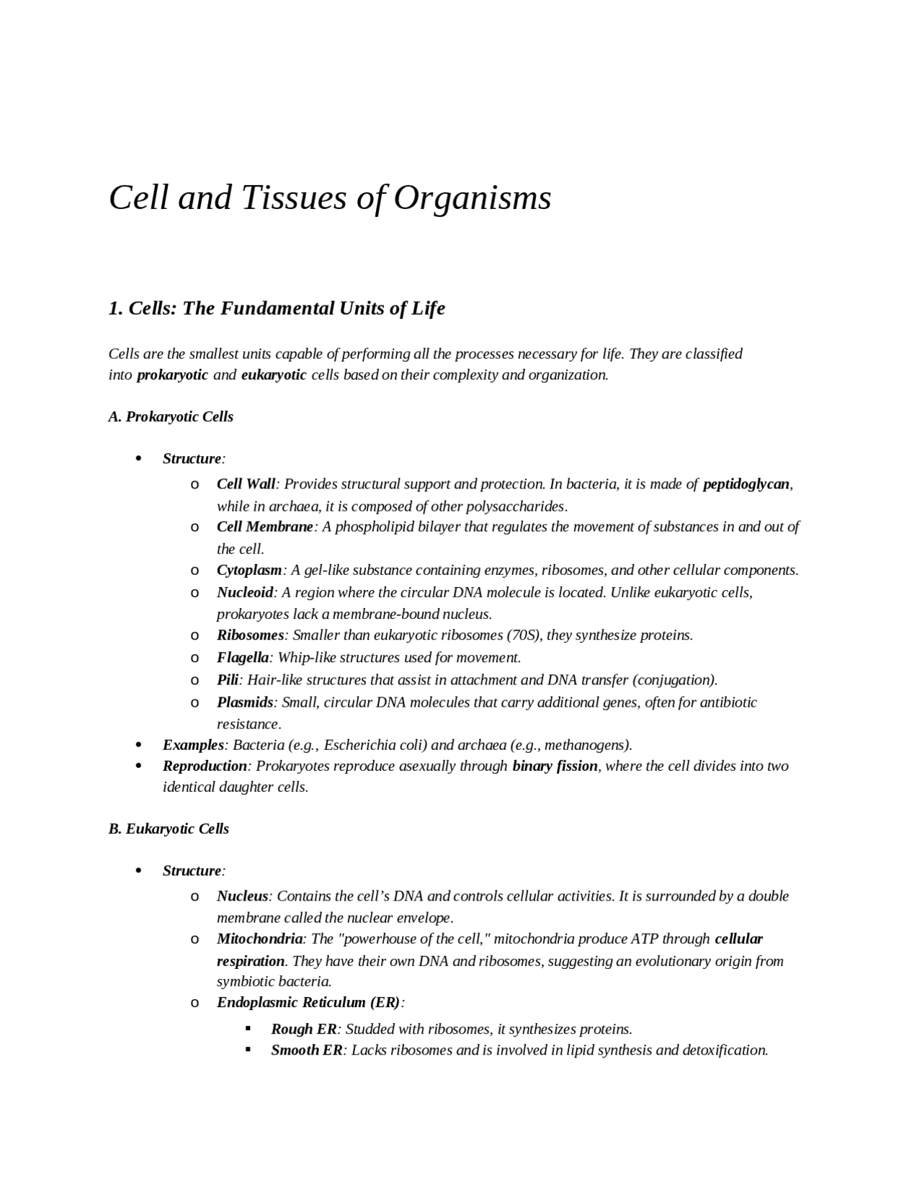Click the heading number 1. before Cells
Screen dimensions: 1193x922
(116, 308)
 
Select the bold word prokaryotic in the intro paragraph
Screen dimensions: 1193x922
(172, 375)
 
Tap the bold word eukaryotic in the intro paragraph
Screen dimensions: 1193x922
(274, 375)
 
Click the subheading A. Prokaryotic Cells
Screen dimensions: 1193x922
(171, 416)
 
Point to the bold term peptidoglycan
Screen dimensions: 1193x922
(746, 484)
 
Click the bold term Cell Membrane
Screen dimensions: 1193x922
(265, 527)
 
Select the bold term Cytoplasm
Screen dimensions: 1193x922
(249, 570)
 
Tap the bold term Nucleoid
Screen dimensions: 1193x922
(245, 592)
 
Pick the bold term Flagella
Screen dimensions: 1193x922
(243, 657)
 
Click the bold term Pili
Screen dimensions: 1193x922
(228, 679)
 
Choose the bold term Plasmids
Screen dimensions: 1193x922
(245, 702)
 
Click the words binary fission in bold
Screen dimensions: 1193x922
(555, 766)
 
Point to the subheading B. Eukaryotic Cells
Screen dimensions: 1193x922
(169, 828)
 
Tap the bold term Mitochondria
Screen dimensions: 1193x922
(260, 939)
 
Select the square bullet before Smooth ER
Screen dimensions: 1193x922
(249, 1050)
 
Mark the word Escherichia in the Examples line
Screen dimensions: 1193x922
(375, 745)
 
